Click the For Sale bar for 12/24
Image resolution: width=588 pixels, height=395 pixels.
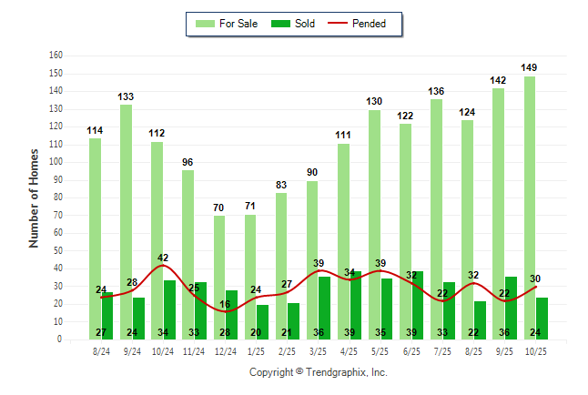pyautogui.click(x=219, y=277)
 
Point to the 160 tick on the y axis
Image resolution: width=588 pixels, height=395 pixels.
pyautogui.click(x=56, y=56)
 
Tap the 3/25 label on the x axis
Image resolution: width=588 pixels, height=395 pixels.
pyautogui.click(x=319, y=350)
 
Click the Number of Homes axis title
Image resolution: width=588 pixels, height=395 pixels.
pyautogui.click(x=35, y=197)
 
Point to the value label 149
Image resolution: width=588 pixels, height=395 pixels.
pyautogui.click(x=530, y=67)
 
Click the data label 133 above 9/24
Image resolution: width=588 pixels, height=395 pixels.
pyautogui.click(x=127, y=96)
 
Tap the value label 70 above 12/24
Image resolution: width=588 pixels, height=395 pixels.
pyautogui.click(x=219, y=208)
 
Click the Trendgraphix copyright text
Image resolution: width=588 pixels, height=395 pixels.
pyautogui.click(x=319, y=372)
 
